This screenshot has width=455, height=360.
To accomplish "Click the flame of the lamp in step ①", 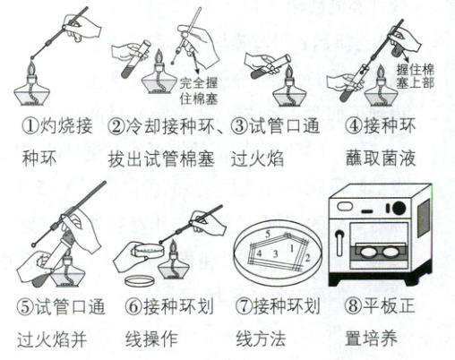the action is [x=31, y=70].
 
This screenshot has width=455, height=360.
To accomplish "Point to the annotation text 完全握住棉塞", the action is [x=198, y=90].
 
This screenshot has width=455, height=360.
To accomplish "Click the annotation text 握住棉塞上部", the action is [x=415, y=76].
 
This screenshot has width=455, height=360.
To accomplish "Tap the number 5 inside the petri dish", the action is [x=268, y=234].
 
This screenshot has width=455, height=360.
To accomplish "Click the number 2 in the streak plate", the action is [x=308, y=257].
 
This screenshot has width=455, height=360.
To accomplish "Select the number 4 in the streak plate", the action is [x=259, y=253].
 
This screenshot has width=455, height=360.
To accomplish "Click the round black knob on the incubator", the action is [x=399, y=208].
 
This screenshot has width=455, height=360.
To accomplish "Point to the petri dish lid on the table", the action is [x=140, y=280].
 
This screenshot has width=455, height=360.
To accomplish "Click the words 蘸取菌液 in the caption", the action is [x=381, y=158].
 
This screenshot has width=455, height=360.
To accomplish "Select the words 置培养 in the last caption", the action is [x=371, y=338].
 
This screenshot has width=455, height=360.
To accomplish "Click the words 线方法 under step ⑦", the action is [x=261, y=338].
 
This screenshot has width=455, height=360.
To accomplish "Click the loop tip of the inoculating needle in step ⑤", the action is [x=34, y=245].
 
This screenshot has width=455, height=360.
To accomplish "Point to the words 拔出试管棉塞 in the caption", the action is [x=161, y=159].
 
